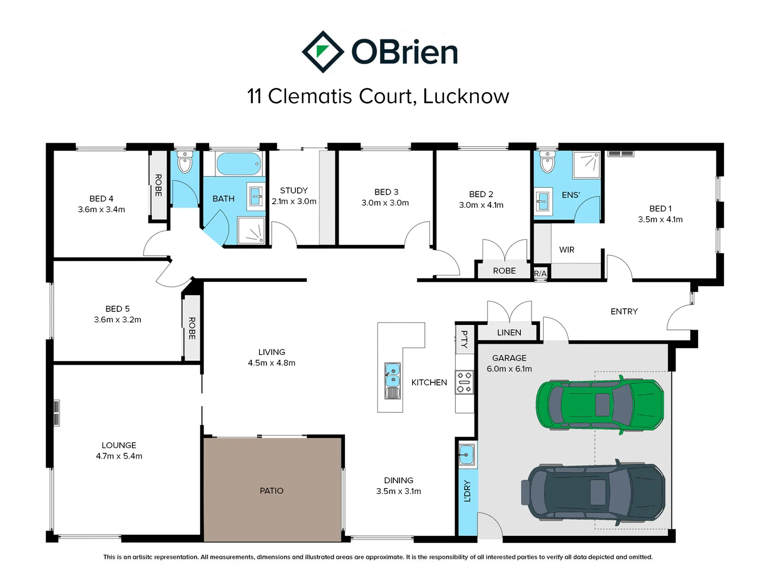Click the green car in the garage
tap(599, 404)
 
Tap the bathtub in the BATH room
tap(238, 164)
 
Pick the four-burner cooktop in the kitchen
tap(464, 382)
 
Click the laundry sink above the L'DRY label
tap(466, 454)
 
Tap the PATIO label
tap(271, 491)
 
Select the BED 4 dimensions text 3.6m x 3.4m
tap(101, 209)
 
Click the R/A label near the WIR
tap(540, 273)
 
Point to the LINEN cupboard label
tap(509, 332)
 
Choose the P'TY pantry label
tap(464, 339)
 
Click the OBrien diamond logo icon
tap(322, 52)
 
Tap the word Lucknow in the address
tap(466, 96)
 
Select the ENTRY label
tap(624, 311)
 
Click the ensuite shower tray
tap(586, 165)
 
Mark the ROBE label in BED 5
tap(192, 328)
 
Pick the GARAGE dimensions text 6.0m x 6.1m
tap(509, 369)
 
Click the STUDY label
tap(293, 190)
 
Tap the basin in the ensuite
tap(542, 201)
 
